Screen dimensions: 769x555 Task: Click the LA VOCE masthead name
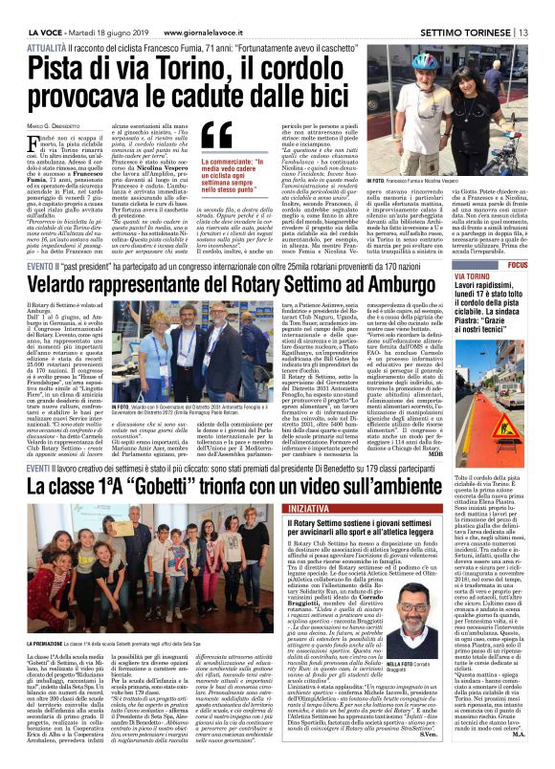[x=20, y=8]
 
